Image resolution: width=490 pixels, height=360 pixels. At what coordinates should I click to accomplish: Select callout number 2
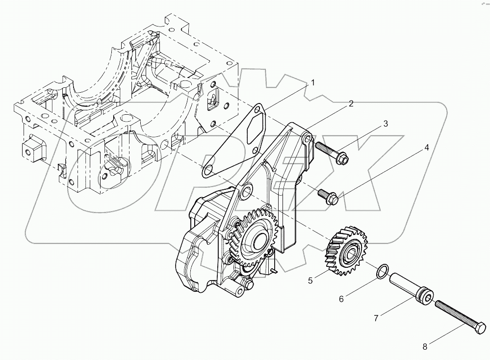click(x=351, y=103)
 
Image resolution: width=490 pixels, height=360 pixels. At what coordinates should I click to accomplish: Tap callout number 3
click(x=386, y=124)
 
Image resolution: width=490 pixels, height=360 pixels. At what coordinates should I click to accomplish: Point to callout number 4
click(x=426, y=147)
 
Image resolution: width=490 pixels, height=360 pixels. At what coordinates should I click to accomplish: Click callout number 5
click(x=310, y=281)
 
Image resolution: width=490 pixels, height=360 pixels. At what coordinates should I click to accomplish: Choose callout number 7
click(x=376, y=318)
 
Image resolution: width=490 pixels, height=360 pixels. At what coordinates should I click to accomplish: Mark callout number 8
click(x=425, y=346)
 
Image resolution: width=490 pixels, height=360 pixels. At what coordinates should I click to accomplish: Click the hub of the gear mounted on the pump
click(x=257, y=241)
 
